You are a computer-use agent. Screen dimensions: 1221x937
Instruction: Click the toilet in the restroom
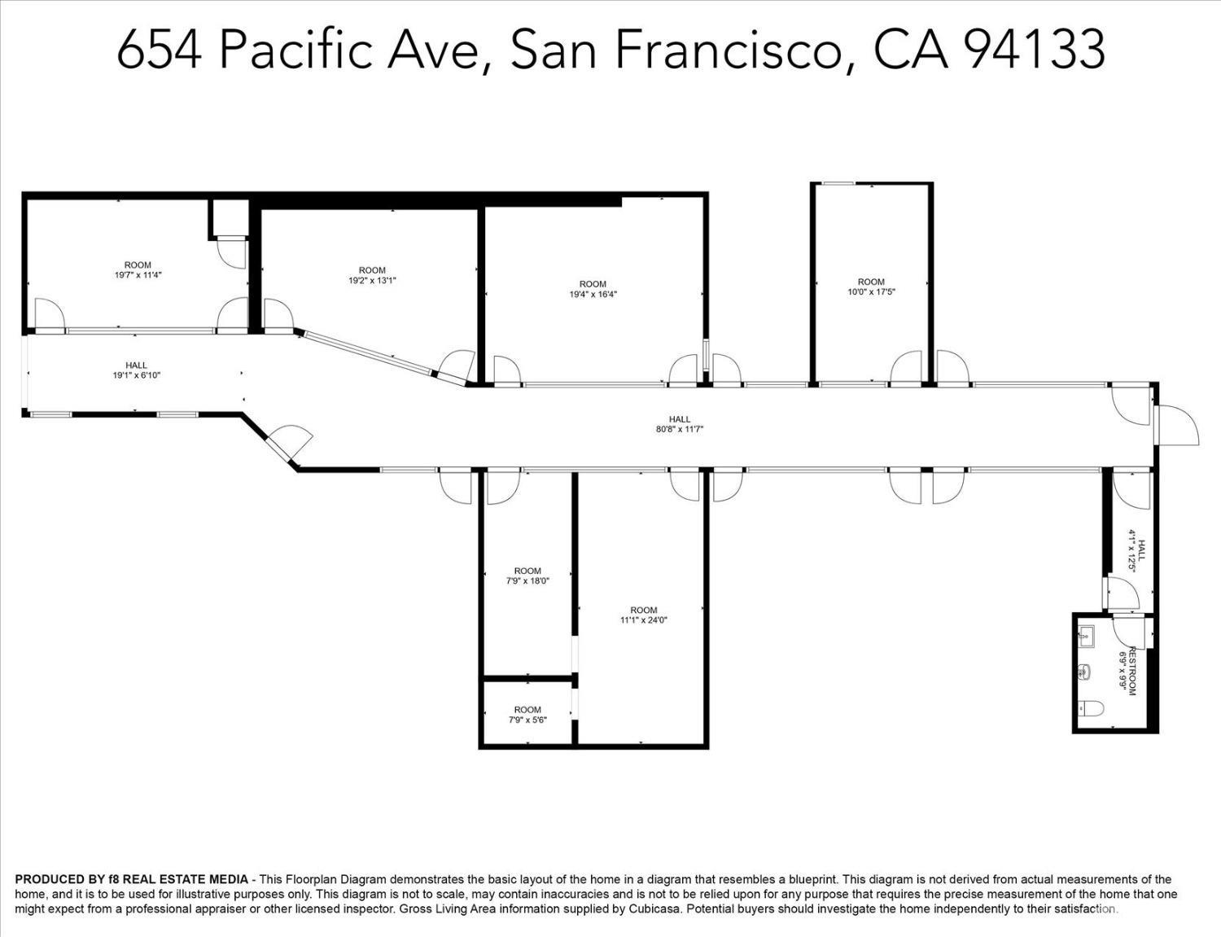1091,709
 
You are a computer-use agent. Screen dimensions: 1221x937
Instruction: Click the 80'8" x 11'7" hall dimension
680,429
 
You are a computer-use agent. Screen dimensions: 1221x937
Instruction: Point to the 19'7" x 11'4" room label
138,270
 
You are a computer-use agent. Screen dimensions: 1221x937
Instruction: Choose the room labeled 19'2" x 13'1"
372,275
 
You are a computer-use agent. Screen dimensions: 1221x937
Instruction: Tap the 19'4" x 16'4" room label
593,289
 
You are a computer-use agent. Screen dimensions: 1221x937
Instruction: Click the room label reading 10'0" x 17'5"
871,287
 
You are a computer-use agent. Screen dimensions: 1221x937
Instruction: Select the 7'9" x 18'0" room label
527,576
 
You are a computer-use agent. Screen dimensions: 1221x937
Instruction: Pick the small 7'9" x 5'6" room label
527,715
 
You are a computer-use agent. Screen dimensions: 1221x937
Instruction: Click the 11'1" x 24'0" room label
643,615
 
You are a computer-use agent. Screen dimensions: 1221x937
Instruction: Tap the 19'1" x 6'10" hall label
136,370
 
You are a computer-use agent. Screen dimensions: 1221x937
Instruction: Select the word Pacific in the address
295,50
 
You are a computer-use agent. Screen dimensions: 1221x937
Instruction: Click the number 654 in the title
159,50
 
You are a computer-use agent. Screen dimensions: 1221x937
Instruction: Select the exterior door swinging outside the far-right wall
1176,425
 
